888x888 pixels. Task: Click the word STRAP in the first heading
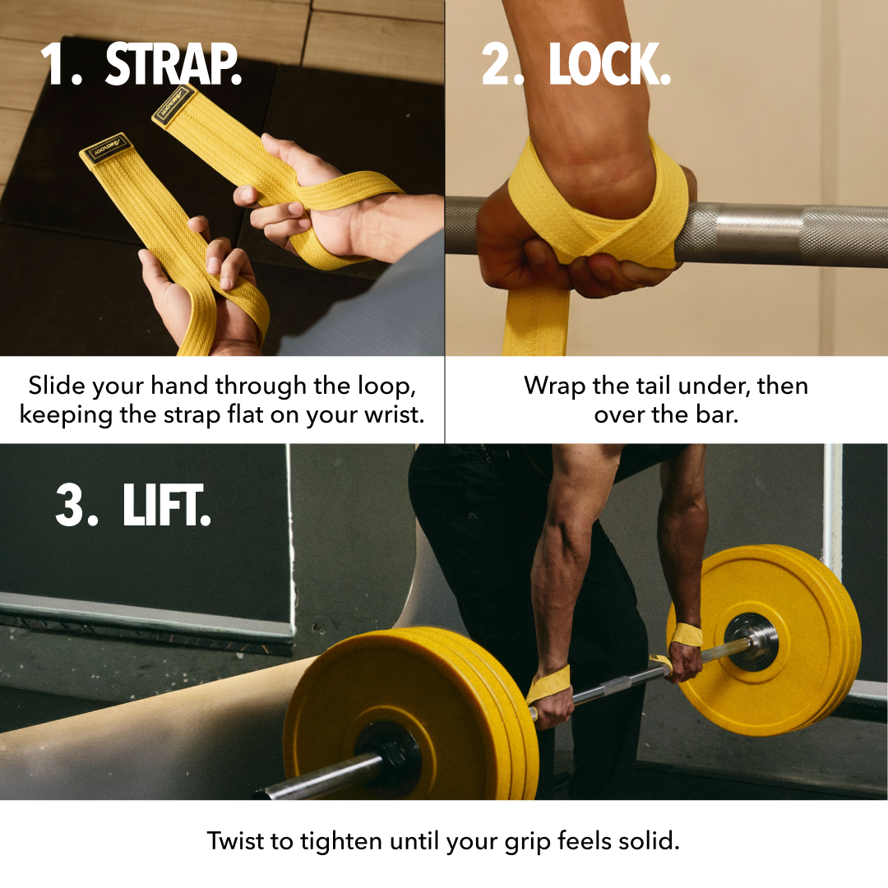173,65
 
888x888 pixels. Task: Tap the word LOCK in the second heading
609,65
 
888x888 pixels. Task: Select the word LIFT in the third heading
166,505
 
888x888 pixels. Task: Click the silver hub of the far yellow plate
752,641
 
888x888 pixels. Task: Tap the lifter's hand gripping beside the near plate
551,702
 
